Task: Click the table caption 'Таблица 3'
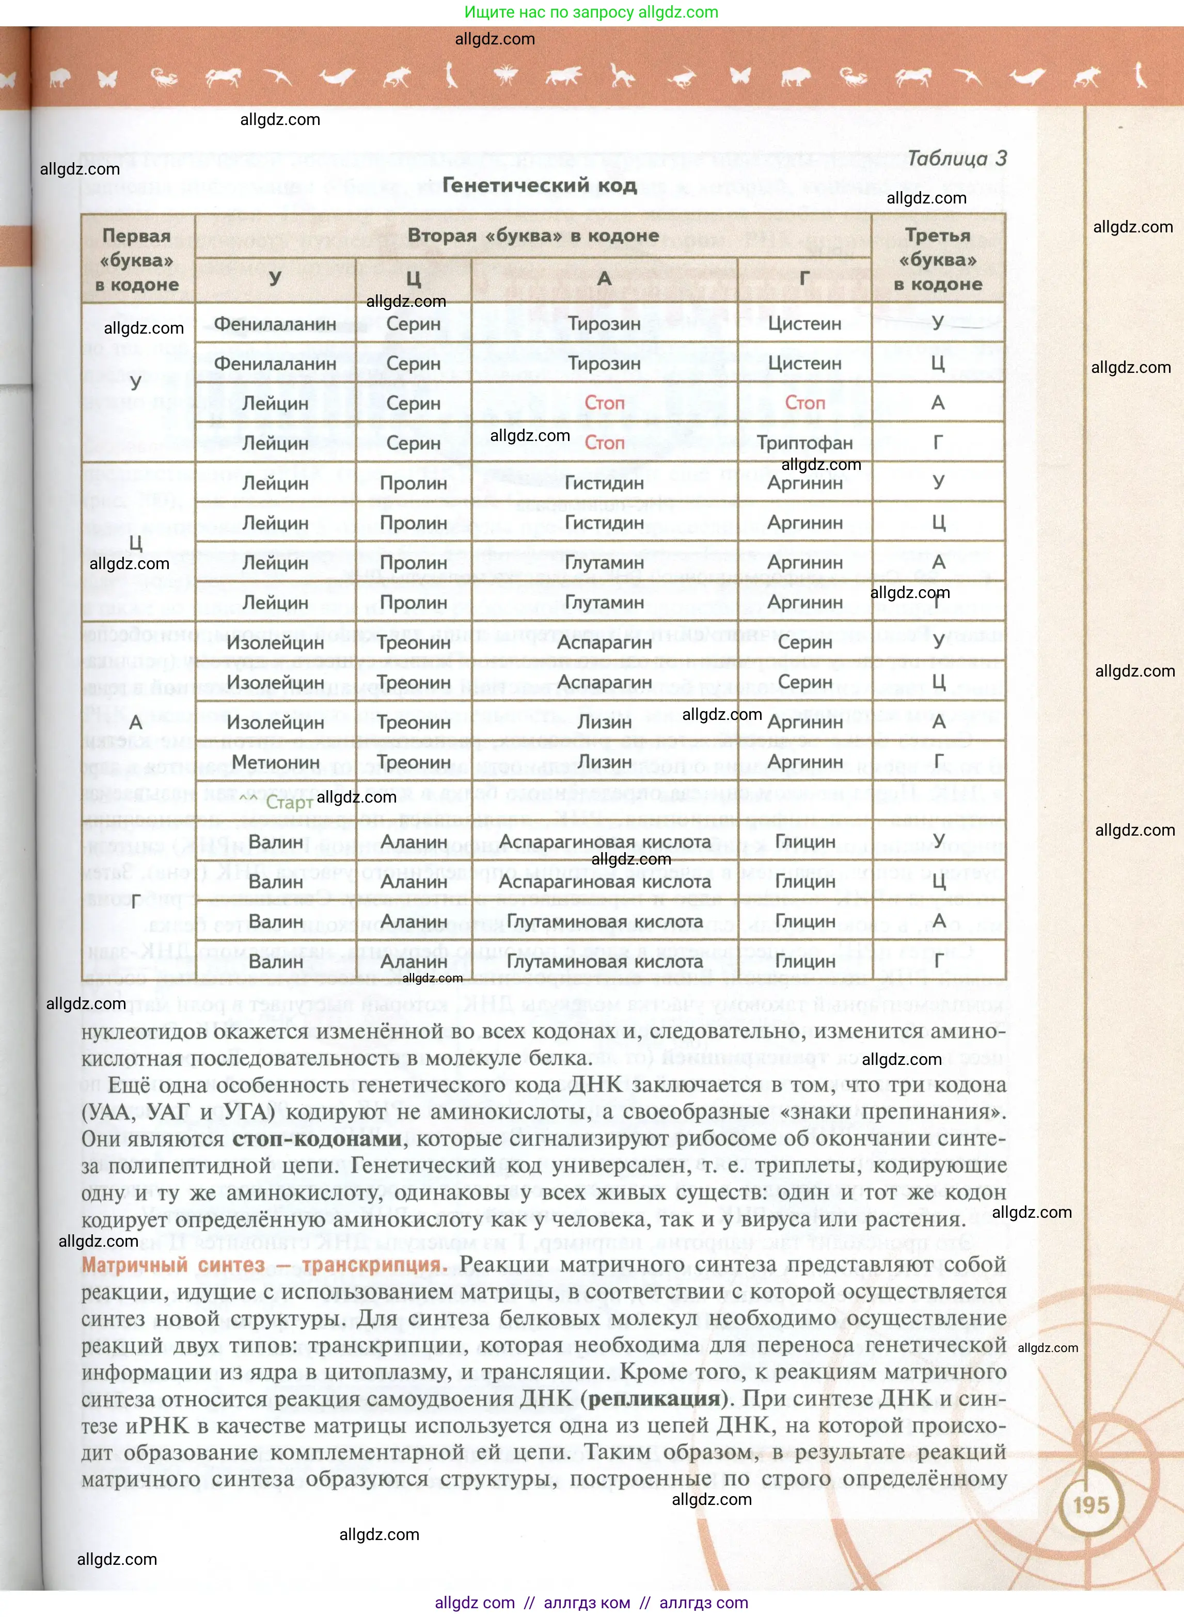click(956, 159)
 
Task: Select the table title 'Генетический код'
click(539, 185)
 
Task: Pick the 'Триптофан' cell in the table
click(804, 443)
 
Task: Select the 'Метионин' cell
click(275, 763)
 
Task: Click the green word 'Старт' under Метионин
click(289, 802)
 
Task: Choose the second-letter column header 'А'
click(604, 278)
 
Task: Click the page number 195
click(1091, 1504)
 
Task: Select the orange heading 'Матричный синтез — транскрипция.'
click(264, 1264)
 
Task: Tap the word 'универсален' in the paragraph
click(613, 1166)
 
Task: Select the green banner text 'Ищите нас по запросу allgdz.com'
click(591, 12)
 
